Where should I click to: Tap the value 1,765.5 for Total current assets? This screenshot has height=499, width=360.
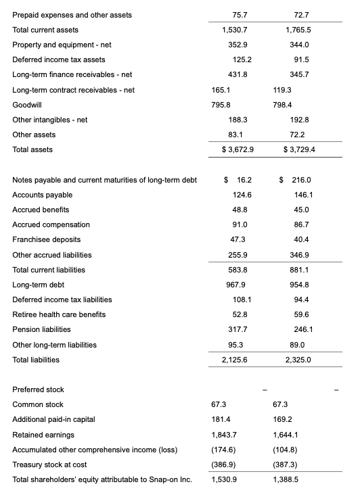(298, 30)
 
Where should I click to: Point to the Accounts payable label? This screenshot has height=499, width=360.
(40, 195)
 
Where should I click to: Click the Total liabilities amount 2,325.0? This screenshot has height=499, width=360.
(298, 359)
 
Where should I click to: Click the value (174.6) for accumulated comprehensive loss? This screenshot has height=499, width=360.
(224, 449)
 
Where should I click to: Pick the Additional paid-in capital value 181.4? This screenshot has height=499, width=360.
(221, 419)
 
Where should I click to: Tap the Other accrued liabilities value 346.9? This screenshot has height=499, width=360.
(298, 255)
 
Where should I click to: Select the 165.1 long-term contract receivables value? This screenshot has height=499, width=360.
(221, 89)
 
